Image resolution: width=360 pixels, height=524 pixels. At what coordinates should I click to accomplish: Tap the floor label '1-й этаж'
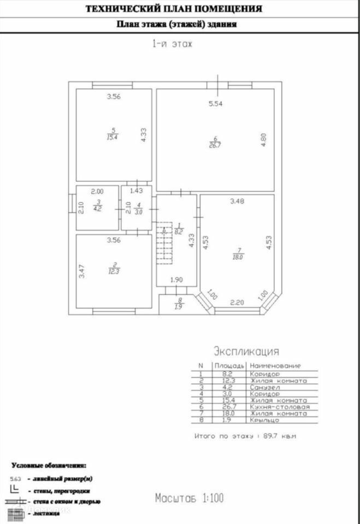tap(172, 44)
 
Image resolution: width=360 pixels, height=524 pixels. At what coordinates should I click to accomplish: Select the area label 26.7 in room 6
tap(215, 145)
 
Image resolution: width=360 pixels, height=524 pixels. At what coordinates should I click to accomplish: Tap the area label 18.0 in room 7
tap(238, 257)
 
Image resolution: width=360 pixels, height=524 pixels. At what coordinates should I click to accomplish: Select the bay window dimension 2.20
tap(237, 302)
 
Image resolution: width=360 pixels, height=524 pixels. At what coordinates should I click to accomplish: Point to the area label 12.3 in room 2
tap(113, 271)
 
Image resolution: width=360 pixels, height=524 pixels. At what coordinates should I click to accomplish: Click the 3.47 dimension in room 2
tap(82, 271)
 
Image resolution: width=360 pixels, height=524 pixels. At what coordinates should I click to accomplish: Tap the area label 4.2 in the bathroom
tap(97, 208)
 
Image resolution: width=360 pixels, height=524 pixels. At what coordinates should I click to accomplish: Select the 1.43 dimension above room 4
tap(136, 190)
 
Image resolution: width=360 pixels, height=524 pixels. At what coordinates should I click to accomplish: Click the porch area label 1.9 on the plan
tap(179, 307)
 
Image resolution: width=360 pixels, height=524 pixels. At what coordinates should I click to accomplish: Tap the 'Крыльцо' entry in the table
tap(265, 421)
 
